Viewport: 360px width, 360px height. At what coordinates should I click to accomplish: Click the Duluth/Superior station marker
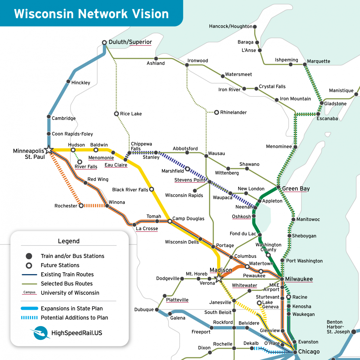pos(104,42)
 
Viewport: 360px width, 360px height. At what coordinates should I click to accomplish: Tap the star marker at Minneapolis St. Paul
pos(49,150)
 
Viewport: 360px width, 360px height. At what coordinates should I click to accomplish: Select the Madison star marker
pos(219,278)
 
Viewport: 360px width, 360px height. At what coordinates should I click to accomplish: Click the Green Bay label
pos(296,188)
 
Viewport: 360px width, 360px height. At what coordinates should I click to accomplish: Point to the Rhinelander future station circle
pos(217,112)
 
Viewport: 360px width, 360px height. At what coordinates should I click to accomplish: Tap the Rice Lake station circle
pos(116,114)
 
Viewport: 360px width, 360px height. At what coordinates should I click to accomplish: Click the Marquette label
pos(318,61)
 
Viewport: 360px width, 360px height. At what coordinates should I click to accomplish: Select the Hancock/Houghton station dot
pos(255,27)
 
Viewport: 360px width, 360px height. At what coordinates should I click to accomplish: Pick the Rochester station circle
pos(81,206)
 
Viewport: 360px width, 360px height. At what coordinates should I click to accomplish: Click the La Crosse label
pos(147,229)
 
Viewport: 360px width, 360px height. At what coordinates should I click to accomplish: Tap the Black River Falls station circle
pos(152,189)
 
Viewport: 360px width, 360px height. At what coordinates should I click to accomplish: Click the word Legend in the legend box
pos(69,241)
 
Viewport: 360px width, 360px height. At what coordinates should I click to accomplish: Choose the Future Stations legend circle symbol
pos(29,265)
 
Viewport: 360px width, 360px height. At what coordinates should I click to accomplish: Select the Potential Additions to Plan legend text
pos(74,318)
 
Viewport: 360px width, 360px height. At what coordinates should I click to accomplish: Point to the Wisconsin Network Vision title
pos(91,14)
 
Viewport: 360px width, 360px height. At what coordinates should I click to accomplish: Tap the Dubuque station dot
pos(157,310)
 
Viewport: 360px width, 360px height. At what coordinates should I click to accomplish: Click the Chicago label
pos(309,352)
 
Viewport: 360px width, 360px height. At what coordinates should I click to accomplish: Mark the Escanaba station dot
pos(318,114)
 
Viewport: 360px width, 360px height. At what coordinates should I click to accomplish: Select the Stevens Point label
pos(190,180)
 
